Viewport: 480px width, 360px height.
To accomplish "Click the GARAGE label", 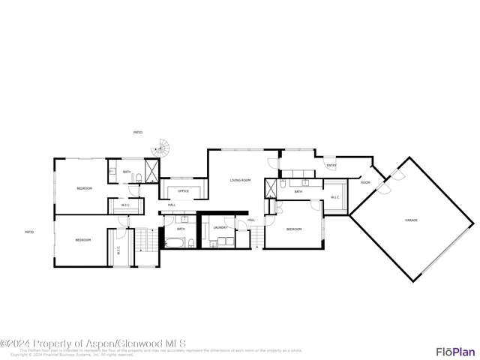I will [x=411, y=220].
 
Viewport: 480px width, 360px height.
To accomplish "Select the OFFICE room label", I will [x=183, y=191].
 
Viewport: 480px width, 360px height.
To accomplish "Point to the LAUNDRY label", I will [x=220, y=227].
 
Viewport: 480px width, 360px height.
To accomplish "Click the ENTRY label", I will [x=331, y=166].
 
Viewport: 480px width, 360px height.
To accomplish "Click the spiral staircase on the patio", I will [x=159, y=149].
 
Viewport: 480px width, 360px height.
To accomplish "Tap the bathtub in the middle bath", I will [x=175, y=243].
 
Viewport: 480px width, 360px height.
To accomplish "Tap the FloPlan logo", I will [x=455, y=351].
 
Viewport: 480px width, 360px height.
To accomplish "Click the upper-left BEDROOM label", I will [x=84, y=188].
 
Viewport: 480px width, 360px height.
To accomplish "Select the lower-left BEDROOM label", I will [x=82, y=239].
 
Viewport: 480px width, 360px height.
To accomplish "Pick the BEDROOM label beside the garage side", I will [x=293, y=229].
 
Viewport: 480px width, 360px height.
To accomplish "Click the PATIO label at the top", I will [x=138, y=132].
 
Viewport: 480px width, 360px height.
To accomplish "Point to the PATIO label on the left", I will [x=29, y=232].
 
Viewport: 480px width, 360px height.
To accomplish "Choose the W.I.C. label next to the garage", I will [x=335, y=198].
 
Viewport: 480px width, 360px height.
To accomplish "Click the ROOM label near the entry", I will [x=365, y=182].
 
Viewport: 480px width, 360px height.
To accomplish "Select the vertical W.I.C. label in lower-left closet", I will [x=118, y=250].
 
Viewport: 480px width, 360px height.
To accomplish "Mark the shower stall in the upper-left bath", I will [x=152, y=172].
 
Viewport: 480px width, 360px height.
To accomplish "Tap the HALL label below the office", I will [x=172, y=205].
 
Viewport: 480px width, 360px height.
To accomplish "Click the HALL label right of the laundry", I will [x=251, y=220].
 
